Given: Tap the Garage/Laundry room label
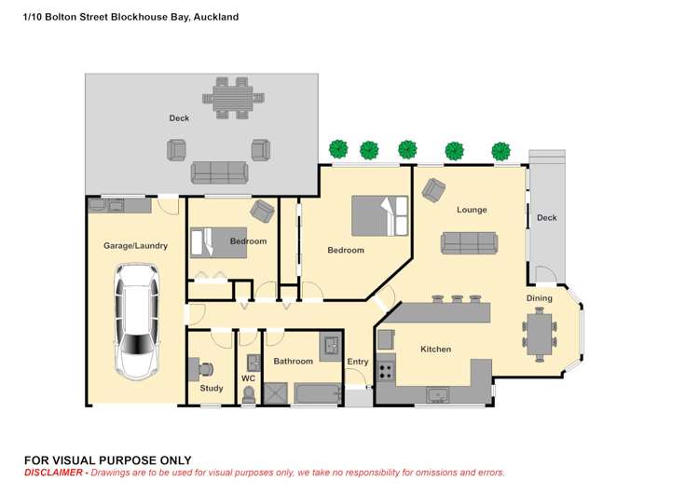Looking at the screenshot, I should pyautogui.click(x=135, y=246).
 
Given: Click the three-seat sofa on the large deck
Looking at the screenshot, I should pyautogui.click(x=219, y=172).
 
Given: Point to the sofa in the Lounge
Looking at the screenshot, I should pyautogui.click(x=469, y=242).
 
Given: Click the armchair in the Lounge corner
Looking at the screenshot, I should pyautogui.click(x=432, y=189).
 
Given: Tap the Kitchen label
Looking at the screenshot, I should pyautogui.click(x=435, y=350).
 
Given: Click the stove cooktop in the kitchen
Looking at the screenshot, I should pyautogui.click(x=386, y=371).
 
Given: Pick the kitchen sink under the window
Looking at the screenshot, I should pyautogui.click(x=436, y=395).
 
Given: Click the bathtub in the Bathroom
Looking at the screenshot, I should pyautogui.click(x=318, y=393).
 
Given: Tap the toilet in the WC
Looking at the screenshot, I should pyautogui.click(x=248, y=397).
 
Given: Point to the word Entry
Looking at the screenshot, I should pyautogui.click(x=358, y=362).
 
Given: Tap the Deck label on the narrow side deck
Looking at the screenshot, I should pyautogui.click(x=546, y=218).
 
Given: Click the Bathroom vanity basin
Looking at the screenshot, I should pyautogui.click(x=331, y=347).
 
